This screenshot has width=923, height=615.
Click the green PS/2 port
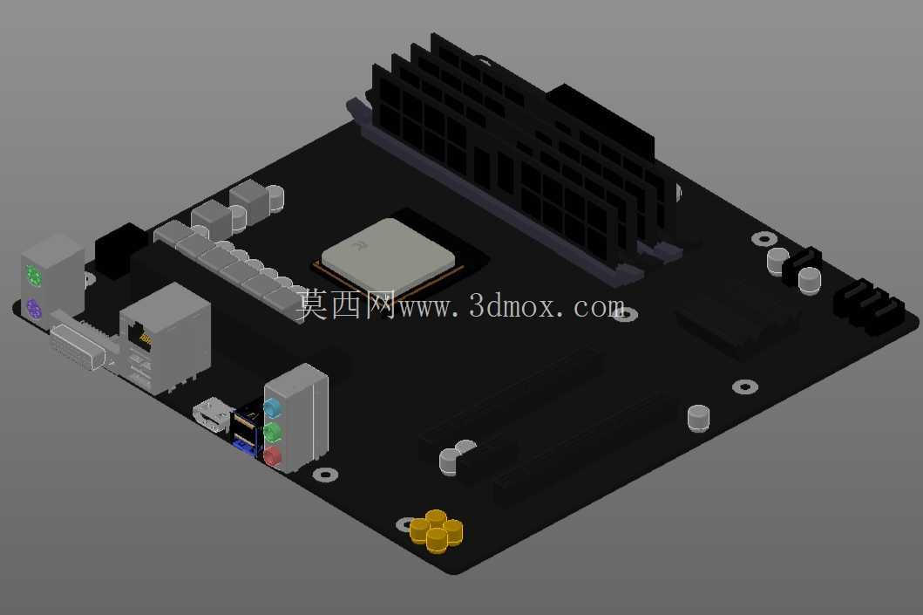pos(33,275)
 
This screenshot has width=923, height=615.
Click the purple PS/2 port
pos(33,309)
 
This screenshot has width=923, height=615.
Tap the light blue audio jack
pos(272,407)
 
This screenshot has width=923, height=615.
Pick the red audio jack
pos(272,456)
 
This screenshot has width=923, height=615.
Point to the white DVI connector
pos(77,345)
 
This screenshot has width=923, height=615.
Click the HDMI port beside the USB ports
pos(211,414)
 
